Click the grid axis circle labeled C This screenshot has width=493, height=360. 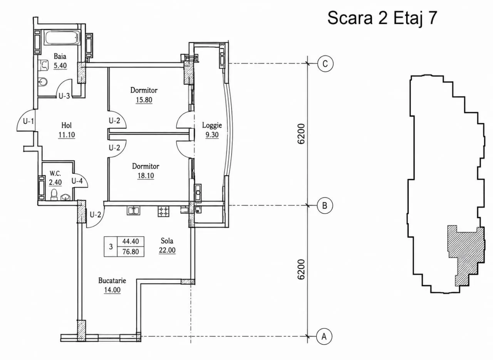point(325,64)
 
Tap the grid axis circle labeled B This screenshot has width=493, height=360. point(325,206)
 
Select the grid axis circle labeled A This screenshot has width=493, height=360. point(324,337)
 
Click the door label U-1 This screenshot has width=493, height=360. point(29,121)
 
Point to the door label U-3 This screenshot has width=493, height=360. point(64,96)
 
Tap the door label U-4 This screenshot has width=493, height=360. point(77,181)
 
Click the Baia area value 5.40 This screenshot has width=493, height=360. point(60,65)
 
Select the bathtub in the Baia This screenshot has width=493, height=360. point(61,38)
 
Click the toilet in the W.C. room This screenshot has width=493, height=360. point(54,194)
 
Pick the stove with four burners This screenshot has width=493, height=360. point(163,211)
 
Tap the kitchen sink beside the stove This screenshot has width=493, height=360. point(133,210)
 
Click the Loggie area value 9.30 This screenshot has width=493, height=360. point(212,135)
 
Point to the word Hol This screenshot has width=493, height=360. point(67,126)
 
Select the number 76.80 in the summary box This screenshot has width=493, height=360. point(131,251)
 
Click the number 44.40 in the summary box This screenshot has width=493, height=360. point(131,241)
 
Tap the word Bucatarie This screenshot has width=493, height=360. point(112,281)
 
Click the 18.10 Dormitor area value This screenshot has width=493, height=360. point(146,176)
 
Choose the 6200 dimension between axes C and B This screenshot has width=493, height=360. point(301,134)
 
